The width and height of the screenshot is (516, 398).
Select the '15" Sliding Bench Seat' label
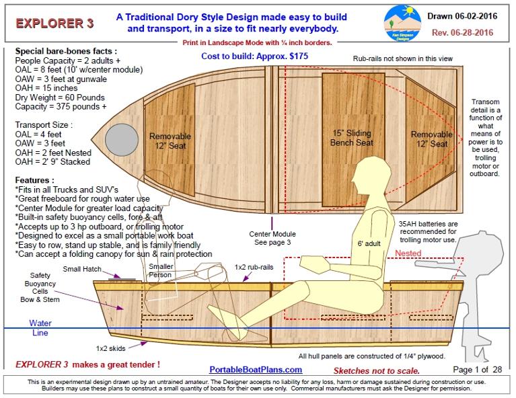[351, 138]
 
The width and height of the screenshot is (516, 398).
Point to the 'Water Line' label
[40, 327]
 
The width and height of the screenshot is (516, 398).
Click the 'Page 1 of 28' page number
[478, 369]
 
